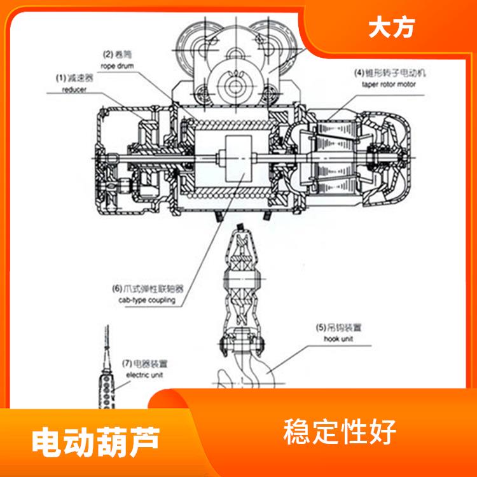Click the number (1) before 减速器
pyautogui.click(x=60, y=78)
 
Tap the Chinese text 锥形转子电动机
pyautogui.click(x=398, y=73)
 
